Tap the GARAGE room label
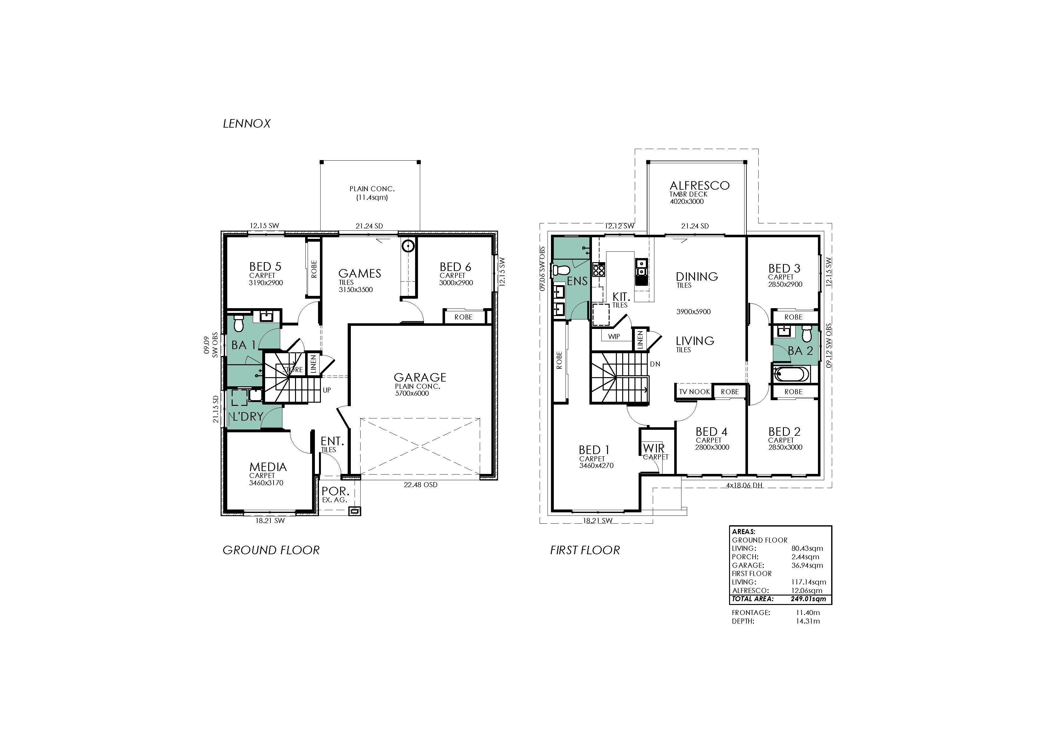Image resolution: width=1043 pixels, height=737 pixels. (420, 377)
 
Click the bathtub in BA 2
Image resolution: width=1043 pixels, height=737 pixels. (791, 375)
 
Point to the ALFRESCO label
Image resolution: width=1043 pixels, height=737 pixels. (699, 185)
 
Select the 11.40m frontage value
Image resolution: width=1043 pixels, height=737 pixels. (808, 613)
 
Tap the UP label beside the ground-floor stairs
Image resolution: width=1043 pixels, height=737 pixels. (327, 390)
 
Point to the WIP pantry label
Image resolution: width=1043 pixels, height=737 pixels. (614, 337)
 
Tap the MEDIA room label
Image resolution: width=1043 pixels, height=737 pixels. (268, 467)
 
